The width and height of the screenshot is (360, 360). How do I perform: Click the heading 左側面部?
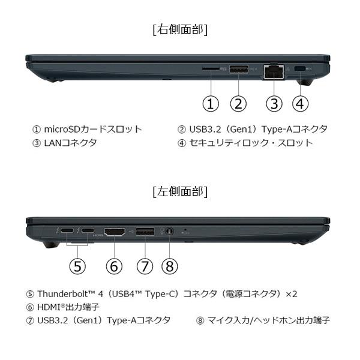point(180,192)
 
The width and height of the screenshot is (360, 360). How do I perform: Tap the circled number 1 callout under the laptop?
point(210,103)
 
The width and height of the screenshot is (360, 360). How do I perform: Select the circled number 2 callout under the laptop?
point(238,103)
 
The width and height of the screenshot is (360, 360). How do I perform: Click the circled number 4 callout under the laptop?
point(301,103)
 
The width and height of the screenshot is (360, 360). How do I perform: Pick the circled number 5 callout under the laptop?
point(77,266)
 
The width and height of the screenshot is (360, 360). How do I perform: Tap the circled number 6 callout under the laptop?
point(114,266)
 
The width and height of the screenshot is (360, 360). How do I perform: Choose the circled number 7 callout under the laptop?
point(145,266)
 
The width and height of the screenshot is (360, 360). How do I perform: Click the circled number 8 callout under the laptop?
point(170,266)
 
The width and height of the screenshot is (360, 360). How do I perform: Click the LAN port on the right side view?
point(274,71)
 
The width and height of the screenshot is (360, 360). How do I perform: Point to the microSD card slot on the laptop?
point(210,70)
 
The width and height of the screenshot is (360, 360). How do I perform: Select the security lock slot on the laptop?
point(301,69)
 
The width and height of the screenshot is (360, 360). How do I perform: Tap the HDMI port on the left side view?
point(114,231)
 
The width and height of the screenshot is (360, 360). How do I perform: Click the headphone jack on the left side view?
point(170,231)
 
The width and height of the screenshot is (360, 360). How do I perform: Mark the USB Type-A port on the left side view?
point(145,231)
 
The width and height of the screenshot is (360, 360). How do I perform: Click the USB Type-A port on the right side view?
point(238,70)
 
